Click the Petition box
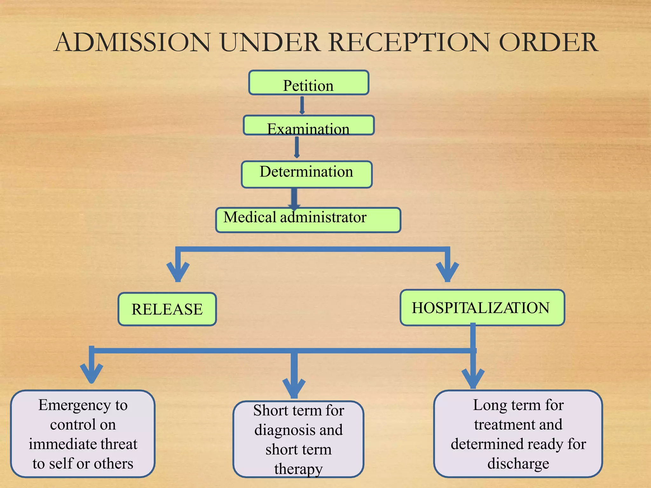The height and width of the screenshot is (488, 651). click(308, 83)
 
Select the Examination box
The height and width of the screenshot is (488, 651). click(308, 125)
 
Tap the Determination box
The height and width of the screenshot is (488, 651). click(306, 174)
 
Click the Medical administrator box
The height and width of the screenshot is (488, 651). click(308, 220)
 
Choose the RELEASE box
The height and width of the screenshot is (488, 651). click(167, 309)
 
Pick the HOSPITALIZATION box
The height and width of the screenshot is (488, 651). click(482, 308)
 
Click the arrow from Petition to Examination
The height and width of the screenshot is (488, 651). click(302, 105)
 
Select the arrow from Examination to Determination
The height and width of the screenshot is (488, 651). click(297, 147)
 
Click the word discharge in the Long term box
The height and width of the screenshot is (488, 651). click(518, 464)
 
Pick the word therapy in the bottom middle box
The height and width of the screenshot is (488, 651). click(298, 469)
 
